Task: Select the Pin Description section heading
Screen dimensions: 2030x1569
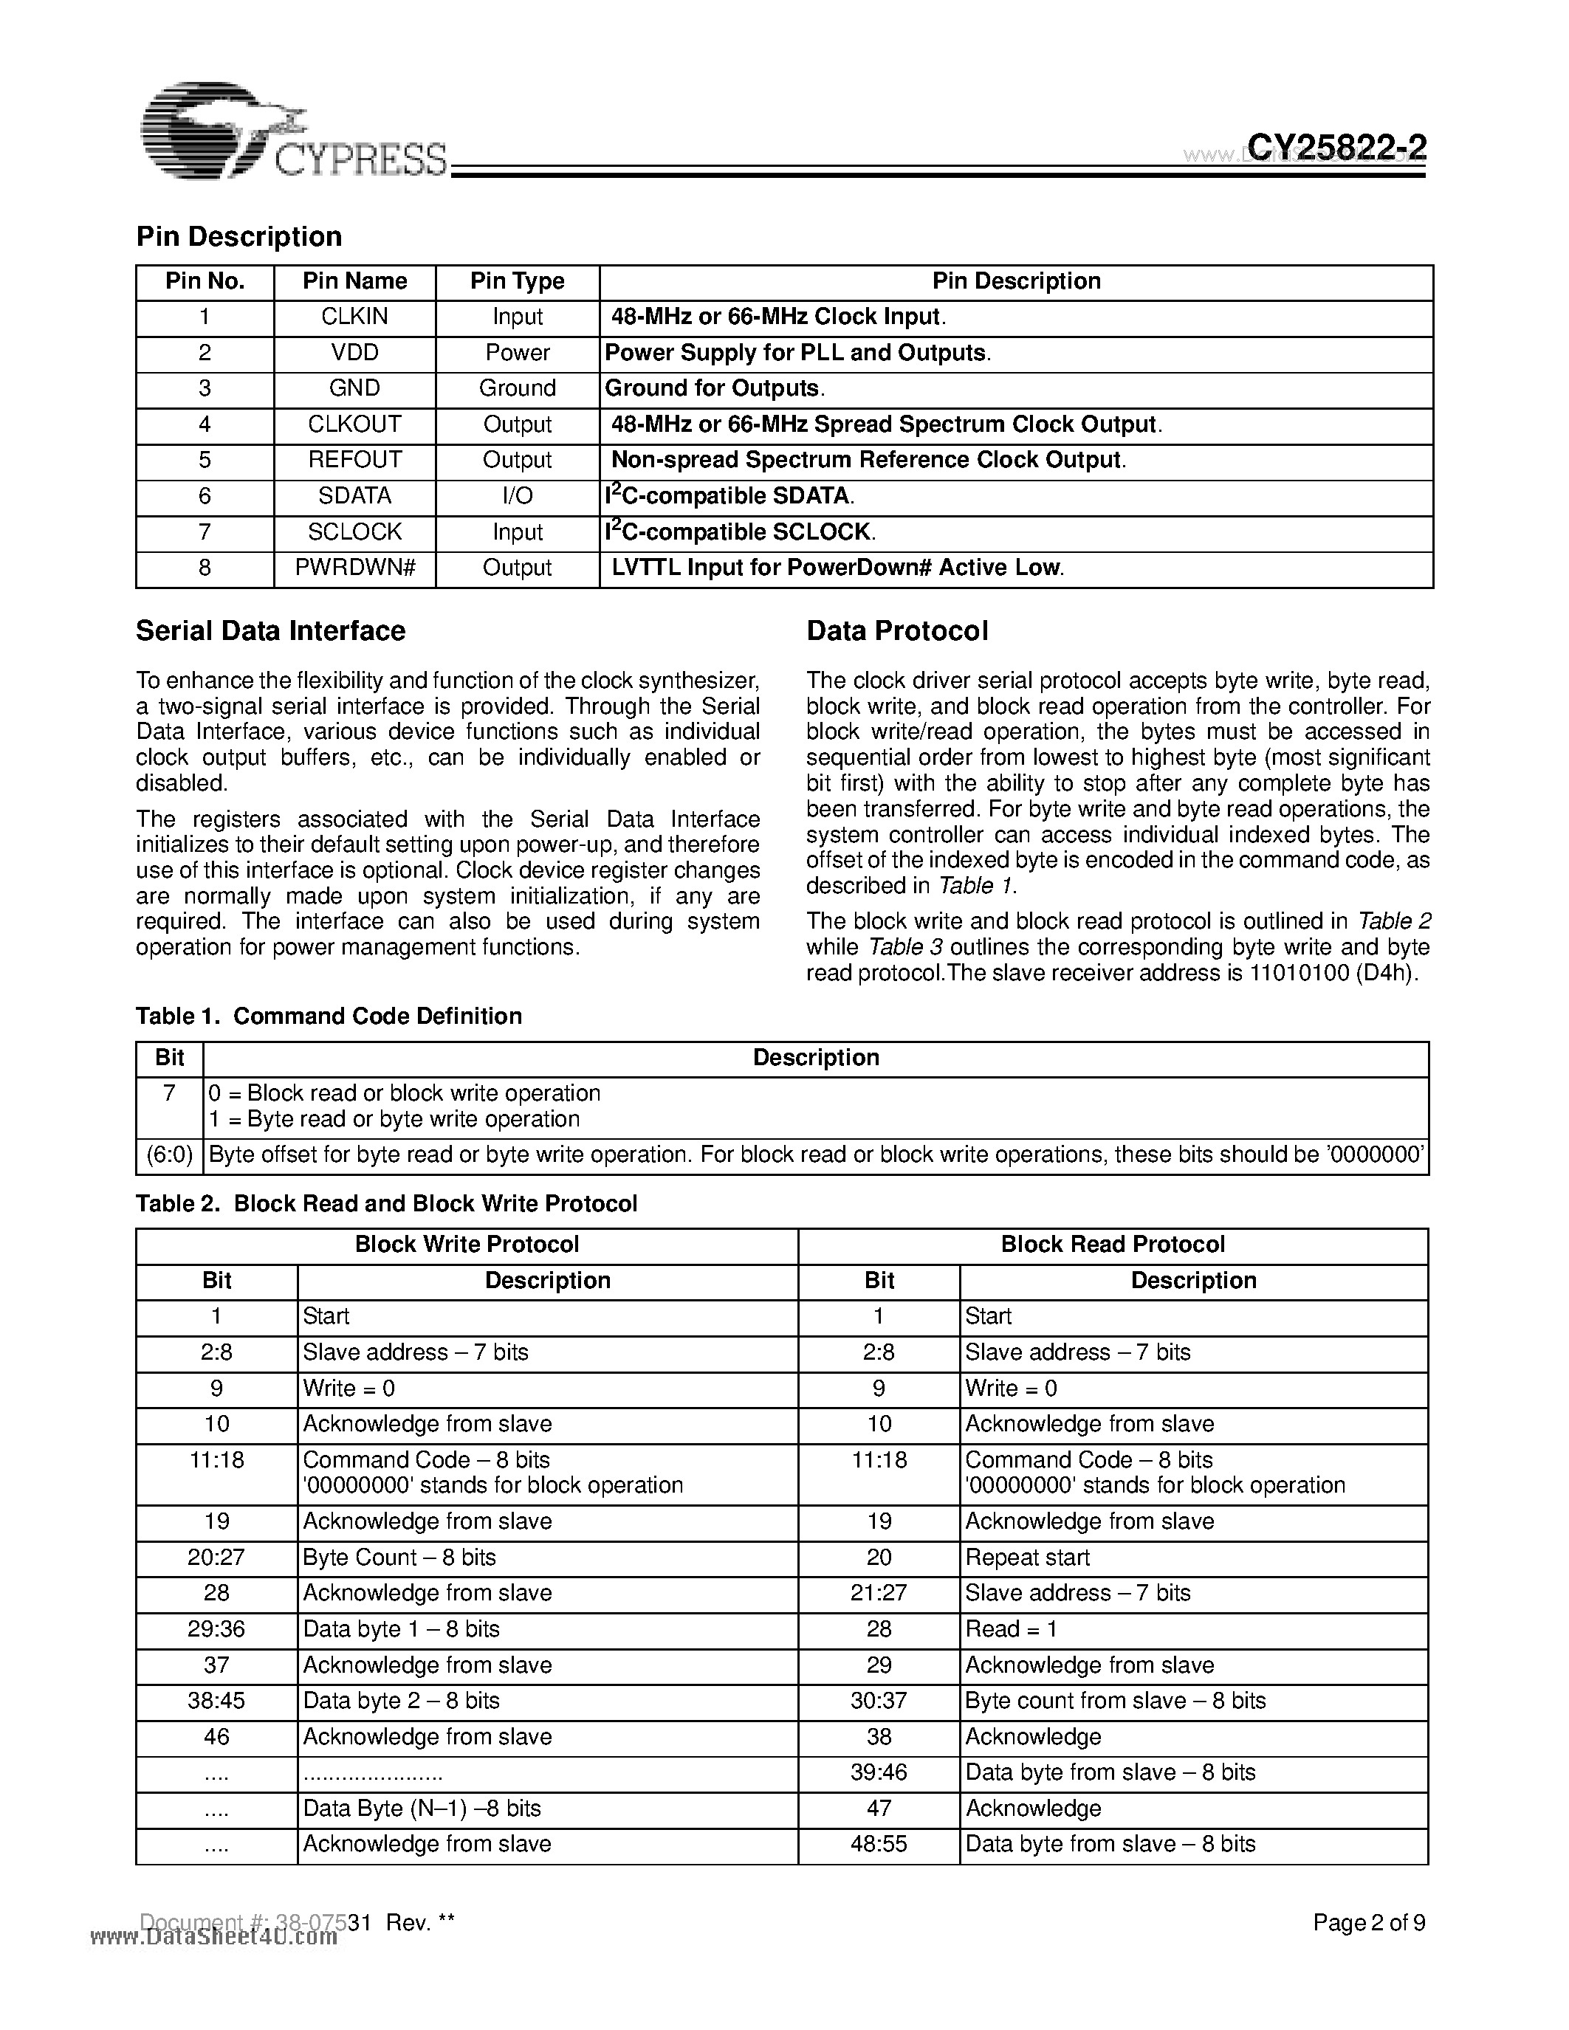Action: pyautogui.click(x=239, y=236)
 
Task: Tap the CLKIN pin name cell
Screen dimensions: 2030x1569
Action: pyautogui.click(x=354, y=317)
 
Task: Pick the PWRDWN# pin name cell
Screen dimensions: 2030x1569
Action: pyautogui.click(x=354, y=568)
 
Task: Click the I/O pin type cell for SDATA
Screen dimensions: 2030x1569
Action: pyautogui.click(x=517, y=496)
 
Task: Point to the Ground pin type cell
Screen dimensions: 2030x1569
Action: pyautogui.click(x=517, y=388)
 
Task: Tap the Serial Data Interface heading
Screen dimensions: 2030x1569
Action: pyautogui.click(x=270, y=631)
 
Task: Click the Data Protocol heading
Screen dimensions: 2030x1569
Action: pyautogui.click(x=897, y=631)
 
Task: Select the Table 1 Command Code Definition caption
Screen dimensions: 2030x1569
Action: pyautogui.click(x=329, y=1016)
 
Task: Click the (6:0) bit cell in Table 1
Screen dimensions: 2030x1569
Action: pyautogui.click(x=169, y=1155)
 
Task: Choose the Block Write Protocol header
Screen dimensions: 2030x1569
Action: pyautogui.click(x=467, y=1245)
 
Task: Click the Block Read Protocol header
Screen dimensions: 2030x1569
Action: pyautogui.click(x=1112, y=1245)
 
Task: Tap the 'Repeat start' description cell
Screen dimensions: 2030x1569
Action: pyautogui.click(x=1027, y=1558)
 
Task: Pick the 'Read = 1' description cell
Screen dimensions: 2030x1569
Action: pyautogui.click(x=1010, y=1629)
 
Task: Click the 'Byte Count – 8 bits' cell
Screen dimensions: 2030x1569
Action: pyautogui.click(x=399, y=1558)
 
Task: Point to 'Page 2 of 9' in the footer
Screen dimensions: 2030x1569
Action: pyautogui.click(x=1368, y=1923)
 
